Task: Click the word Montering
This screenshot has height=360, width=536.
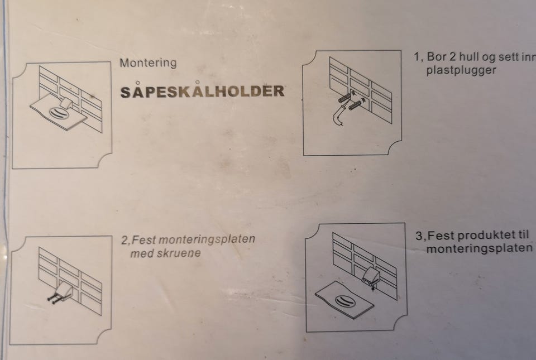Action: pyautogui.click(x=148, y=63)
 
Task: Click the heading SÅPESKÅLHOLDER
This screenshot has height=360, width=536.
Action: pyautogui.click(x=202, y=91)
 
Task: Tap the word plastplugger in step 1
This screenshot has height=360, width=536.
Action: pyautogui.click(x=461, y=70)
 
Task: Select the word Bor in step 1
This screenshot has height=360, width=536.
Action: pyautogui.click(x=437, y=56)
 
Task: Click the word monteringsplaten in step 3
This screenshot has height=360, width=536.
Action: pyautogui.click(x=479, y=248)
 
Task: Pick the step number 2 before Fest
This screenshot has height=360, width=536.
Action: pyautogui.click(x=125, y=241)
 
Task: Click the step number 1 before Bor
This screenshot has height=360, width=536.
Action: pyautogui.click(x=417, y=57)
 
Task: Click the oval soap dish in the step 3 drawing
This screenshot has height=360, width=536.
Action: pyautogui.click(x=344, y=301)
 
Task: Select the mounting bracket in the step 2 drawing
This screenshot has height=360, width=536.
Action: pyautogui.click(x=65, y=291)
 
